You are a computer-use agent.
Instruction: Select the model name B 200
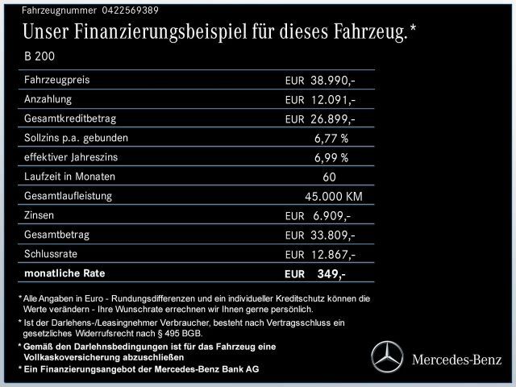click(41, 56)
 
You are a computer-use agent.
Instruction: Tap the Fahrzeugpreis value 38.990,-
click(332, 81)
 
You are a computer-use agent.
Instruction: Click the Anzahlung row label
click(49, 99)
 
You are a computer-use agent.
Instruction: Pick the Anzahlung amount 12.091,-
click(332, 100)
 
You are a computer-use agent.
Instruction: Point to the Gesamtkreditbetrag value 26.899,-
click(332, 119)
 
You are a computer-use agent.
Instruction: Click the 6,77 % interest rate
click(331, 138)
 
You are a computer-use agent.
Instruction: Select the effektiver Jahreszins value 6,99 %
click(331, 157)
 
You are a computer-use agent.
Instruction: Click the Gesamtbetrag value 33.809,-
click(332, 235)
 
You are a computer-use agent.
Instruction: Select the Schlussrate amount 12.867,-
click(332, 255)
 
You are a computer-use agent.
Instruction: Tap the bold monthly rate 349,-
click(331, 274)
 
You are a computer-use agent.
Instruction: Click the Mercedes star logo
click(385, 355)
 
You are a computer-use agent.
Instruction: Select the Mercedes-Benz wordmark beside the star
click(456, 357)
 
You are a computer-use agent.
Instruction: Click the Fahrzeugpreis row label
click(57, 81)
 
